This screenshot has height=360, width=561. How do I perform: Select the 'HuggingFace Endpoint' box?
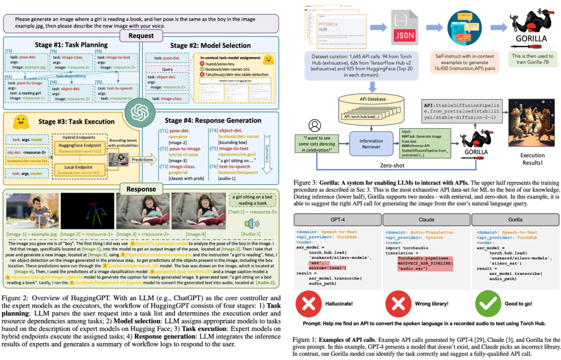[x=81, y=147]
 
